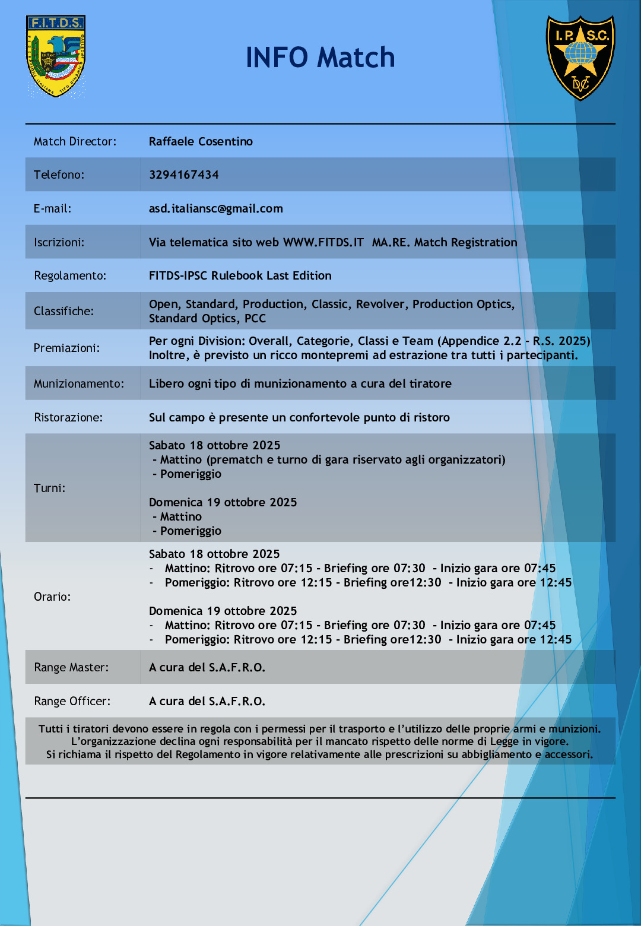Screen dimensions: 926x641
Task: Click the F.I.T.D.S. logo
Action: click(x=56, y=56)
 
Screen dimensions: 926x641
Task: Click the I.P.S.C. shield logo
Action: click(x=580, y=58)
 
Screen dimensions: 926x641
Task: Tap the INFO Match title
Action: click(x=320, y=58)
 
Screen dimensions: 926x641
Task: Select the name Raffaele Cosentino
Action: click(x=201, y=141)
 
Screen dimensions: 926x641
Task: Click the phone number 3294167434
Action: click(x=183, y=175)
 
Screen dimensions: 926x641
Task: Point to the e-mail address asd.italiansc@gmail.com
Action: click(x=215, y=208)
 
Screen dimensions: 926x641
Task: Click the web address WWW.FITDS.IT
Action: click(x=323, y=242)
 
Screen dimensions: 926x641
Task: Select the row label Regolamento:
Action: click(x=70, y=275)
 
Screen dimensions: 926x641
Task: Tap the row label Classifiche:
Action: click(x=64, y=311)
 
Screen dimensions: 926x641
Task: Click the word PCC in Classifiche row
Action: click(x=255, y=318)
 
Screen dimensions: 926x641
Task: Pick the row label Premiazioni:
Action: click(x=66, y=348)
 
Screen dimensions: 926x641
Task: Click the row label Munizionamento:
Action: click(x=79, y=383)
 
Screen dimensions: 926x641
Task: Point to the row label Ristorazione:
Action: click(x=68, y=417)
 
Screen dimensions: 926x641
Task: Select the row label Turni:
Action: click(x=49, y=488)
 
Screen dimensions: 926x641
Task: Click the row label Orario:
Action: click(x=52, y=597)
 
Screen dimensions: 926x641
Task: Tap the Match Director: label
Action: click(x=75, y=141)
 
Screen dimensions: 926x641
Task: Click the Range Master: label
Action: click(x=71, y=667)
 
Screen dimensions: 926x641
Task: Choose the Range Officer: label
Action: click(x=72, y=701)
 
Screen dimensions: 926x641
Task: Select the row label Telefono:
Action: click(x=59, y=175)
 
